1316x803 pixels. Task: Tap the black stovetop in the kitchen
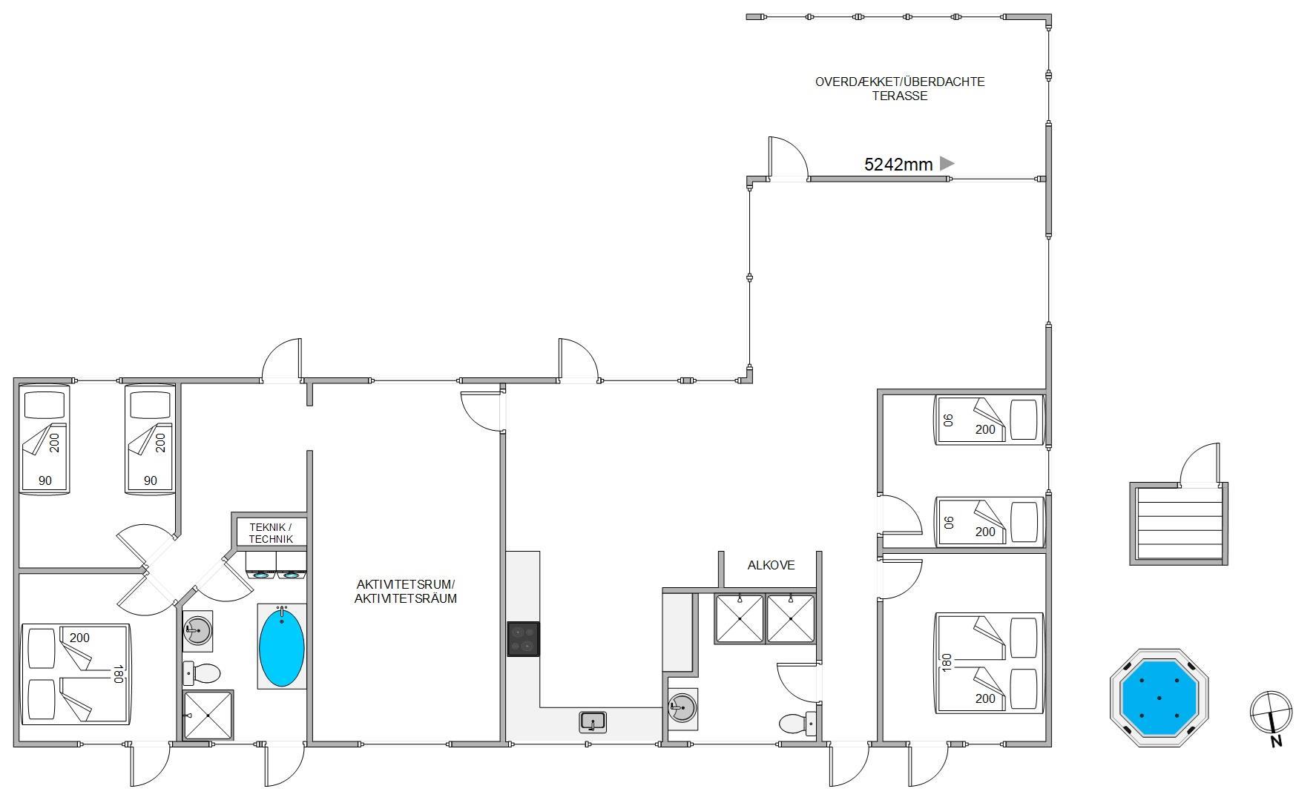pos(523,639)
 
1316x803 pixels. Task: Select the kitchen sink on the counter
pos(593,721)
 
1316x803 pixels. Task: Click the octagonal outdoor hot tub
pos(1159,698)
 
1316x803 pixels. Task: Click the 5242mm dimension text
pos(898,165)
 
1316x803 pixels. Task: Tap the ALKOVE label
pos(771,565)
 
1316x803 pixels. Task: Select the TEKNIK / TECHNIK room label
pos(271,533)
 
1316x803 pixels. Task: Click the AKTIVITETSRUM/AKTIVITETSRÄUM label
pos(405,591)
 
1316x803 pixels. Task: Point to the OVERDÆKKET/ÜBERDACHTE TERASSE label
pos(900,88)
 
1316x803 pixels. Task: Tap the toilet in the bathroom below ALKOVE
pos(798,721)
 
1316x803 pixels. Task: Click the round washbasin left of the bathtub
pos(197,631)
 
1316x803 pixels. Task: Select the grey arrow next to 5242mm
pos(947,163)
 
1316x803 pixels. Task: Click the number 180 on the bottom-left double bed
pos(117,674)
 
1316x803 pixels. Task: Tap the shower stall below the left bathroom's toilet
pos(208,715)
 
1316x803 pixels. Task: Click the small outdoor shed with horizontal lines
pos(1179,523)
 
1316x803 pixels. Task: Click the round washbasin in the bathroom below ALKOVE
pos(682,707)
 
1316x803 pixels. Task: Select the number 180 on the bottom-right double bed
pos(946,663)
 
